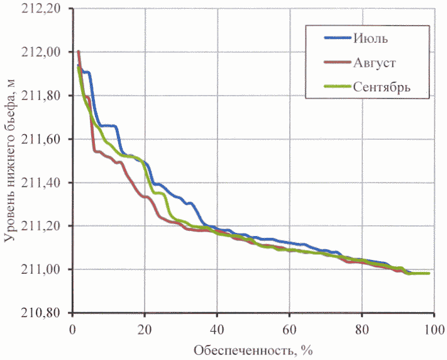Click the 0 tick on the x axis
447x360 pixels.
point(72,329)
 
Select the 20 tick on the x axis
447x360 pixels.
point(145,329)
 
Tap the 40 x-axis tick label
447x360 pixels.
point(217,329)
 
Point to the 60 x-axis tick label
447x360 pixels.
point(289,329)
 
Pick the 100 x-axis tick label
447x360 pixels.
point(433,329)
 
